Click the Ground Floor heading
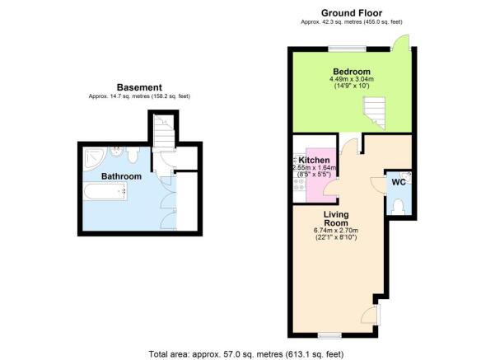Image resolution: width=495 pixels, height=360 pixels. (352, 13)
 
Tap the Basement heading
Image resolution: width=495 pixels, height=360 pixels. (139, 87)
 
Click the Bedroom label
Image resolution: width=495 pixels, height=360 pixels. (352, 72)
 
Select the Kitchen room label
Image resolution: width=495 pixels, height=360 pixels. (314, 160)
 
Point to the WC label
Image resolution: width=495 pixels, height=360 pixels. (399, 182)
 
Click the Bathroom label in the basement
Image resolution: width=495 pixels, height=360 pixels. (121, 176)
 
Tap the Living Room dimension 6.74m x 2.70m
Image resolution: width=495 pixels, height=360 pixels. (336, 231)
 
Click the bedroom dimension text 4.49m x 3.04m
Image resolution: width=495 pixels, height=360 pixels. (352, 79)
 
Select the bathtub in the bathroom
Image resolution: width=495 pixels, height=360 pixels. (105, 192)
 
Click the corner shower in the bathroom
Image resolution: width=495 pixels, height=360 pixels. (93, 159)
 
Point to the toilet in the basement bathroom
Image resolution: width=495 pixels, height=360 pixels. (133, 155)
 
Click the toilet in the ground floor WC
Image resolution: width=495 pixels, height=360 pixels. (398, 207)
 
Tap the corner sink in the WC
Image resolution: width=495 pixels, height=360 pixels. (406, 177)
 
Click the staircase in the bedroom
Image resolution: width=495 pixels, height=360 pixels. (375, 113)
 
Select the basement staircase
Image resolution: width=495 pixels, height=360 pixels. (164, 131)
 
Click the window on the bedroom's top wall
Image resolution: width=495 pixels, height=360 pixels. (347, 49)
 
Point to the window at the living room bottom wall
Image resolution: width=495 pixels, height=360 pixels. (329, 335)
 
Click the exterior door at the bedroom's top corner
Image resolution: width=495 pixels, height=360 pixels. (400, 42)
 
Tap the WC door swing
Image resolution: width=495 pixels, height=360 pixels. (378, 185)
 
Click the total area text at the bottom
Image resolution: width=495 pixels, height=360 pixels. (246, 354)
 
